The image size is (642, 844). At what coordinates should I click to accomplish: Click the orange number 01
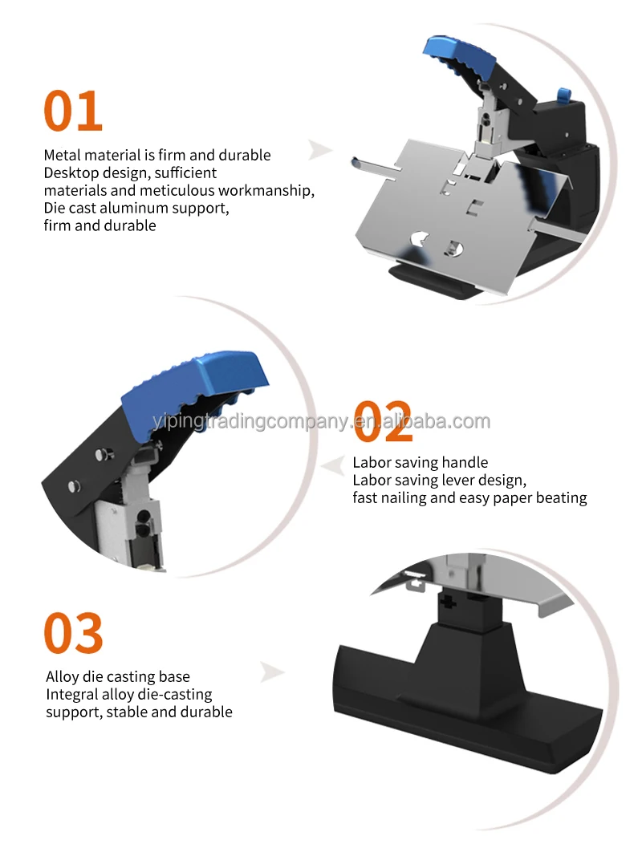pos(73,111)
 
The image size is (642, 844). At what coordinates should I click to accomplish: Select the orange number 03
pos(73,633)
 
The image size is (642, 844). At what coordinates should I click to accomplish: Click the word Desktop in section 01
pos(70,172)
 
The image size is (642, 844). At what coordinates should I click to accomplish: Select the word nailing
pos(407,498)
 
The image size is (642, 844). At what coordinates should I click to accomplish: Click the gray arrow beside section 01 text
pos(321,149)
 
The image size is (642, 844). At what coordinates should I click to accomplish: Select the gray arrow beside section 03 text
pos(273,672)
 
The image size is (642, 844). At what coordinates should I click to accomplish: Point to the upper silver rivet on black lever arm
pos(101,455)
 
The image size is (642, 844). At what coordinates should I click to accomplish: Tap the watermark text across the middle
pos(321,422)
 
